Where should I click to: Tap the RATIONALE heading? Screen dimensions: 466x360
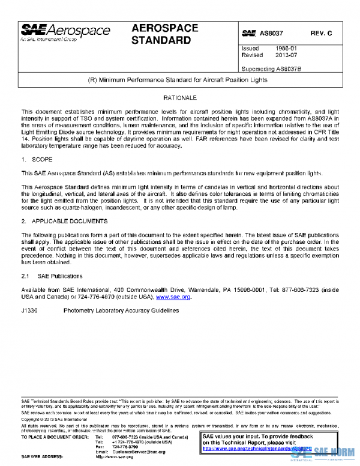(x=180, y=97)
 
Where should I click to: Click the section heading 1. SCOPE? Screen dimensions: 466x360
(x=37, y=160)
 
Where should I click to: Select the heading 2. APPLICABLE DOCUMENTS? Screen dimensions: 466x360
(x=63, y=221)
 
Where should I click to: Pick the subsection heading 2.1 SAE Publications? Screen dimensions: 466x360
(x=52, y=276)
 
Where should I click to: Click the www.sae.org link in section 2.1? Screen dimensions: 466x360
(x=173, y=297)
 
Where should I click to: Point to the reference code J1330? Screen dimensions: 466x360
(x=31, y=311)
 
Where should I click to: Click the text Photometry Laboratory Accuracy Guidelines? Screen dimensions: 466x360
(x=121, y=311)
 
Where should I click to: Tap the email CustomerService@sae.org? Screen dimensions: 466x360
(x=139, y=452)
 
